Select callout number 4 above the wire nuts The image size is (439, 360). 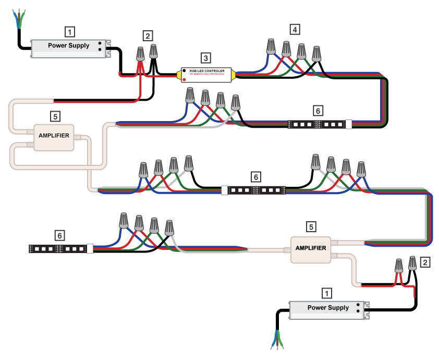pyautogui.click(x=295, y=30)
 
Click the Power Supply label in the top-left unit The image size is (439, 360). pyautogui.click(x=68, y=45)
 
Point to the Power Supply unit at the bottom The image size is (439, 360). pyautogui.click(x=328, y=310)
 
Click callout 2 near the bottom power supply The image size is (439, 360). pyautogui.click(x=426, y=262)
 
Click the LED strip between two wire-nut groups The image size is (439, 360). pyautogui.click(x=254, y=190)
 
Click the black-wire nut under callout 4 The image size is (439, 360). pyautogui.click(x=316, y=53)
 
